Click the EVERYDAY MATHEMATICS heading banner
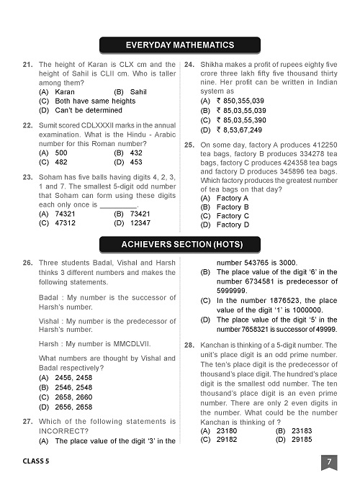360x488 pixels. (x=180, y=45)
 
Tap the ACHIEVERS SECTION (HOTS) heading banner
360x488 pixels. (x=180, y=245)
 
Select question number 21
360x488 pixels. (x=27, y=65)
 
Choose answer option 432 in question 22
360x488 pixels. (x=135, y=153)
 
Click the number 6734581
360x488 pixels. (x=259, y=281)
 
